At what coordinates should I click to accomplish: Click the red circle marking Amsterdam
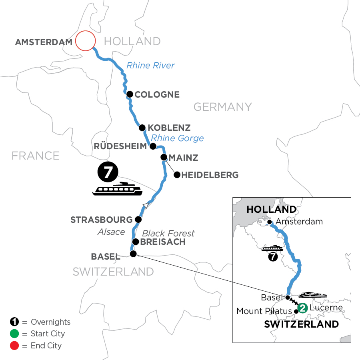coord(86,41)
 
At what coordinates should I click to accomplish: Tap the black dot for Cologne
coord(130,94)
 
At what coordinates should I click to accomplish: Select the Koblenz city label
coord(169,128)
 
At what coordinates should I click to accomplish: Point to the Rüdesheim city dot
coord(152,146)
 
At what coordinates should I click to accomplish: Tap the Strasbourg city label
coord(101,220)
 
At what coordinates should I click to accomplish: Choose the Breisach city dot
coord(136,242)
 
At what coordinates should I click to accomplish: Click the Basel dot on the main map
coord(133,254)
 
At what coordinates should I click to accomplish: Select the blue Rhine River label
coord(150,65)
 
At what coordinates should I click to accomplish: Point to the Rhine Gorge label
coord(177,138)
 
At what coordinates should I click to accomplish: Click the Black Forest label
coord(168,233)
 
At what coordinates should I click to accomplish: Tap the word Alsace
coord(112,232)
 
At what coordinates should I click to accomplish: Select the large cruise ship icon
coord(117,189)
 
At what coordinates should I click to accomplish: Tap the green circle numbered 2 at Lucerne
coord(303,308)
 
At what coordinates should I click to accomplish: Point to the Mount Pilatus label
coord(264,311)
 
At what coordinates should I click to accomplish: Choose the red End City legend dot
coord(14,345)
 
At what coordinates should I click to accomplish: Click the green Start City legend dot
coord(14,333)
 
